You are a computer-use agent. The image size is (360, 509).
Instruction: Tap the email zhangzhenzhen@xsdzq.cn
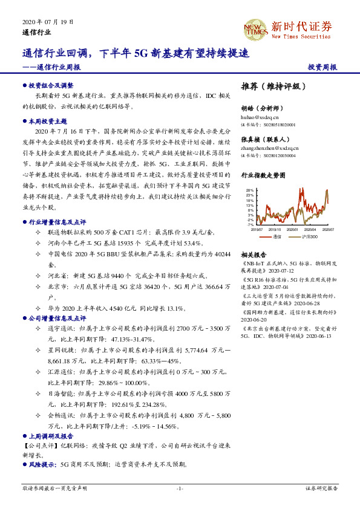pos(270,147)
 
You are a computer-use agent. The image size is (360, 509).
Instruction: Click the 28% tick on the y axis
pos(249,190)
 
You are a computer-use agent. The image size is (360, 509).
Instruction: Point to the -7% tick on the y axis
pos(250,224)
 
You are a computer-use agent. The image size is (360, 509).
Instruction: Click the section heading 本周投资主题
pos(48,122)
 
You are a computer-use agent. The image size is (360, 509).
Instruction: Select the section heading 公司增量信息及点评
pos(57,317)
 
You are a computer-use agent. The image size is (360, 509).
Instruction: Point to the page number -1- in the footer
pos(180,488)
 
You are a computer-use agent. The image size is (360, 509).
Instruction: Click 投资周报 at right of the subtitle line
pos(322,68)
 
